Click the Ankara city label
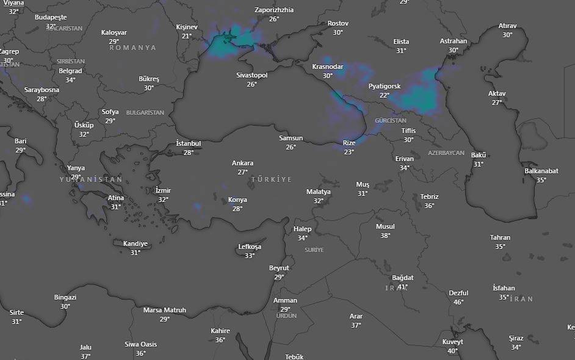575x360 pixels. [242, 163]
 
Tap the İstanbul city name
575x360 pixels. [188, 143]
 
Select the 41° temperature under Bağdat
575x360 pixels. [402, 287]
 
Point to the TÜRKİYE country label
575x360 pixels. [272, 179]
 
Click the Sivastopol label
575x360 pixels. [251, 75]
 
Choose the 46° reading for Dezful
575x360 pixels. [458, 302]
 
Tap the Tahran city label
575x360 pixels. [500, 237]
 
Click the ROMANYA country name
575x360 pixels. [132, 48]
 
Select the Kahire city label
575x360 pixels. [220, 331]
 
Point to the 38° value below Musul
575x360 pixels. [385, 236]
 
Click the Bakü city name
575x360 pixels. [478, 155]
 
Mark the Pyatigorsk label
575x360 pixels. [385, 86]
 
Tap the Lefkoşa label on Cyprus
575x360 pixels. [249, 247]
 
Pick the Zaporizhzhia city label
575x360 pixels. [273, 10]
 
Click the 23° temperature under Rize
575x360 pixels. [349, 152]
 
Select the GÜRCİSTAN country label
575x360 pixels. [391, 121]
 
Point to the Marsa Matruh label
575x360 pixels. [164, 310]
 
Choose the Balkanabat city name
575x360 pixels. [541, 171]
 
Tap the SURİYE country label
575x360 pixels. [314, 250]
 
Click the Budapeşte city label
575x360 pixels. [51, 18]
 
